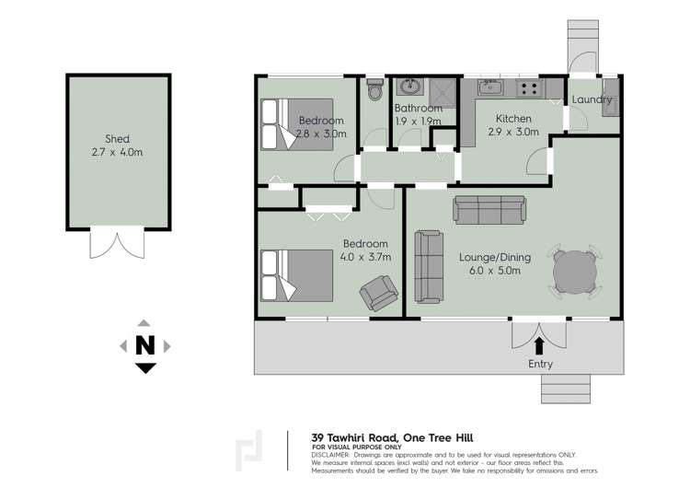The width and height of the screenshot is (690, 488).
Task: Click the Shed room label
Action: click(117, 139)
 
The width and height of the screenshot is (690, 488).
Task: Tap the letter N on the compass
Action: click(144, 345)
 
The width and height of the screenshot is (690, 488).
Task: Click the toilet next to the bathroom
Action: click(374, 93)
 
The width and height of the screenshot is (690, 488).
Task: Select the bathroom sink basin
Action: click(408, 89)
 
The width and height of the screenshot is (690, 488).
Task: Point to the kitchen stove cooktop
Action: click(529, 89)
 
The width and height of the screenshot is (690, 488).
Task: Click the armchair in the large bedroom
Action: click(377, 295)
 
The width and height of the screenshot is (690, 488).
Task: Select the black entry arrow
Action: click(539, 345)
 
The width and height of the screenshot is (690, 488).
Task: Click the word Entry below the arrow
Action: click(541, 366)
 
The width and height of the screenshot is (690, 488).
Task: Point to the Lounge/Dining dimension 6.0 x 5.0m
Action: click(490, 271)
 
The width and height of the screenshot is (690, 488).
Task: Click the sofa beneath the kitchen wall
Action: click(491, 209)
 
